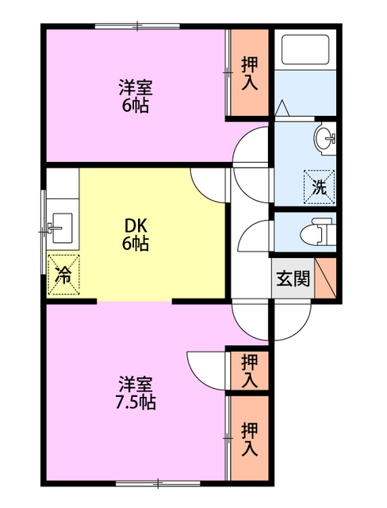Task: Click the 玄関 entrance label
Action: click(293, 279)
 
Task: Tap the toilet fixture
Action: click(319, 232)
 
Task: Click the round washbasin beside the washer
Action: click(325, 140)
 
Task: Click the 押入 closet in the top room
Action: click(249, 74)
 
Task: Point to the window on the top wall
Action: click(137, 28)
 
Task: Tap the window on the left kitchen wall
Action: click(44, 231)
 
